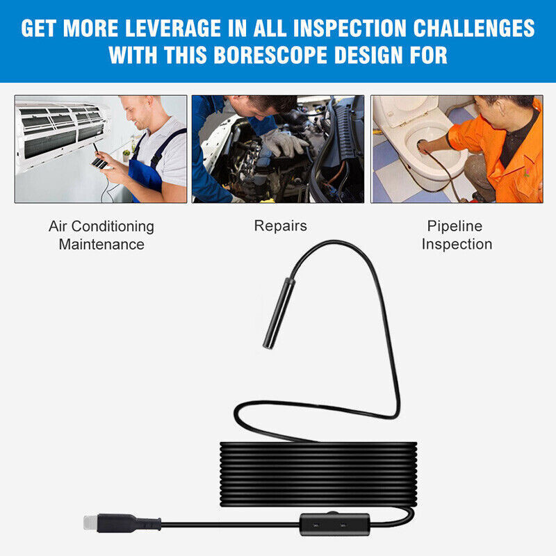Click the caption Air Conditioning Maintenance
[101, 235]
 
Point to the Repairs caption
[280, 226]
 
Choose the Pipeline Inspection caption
[457, 235]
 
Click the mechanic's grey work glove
[284, 142]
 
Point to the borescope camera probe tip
[279, 313]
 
